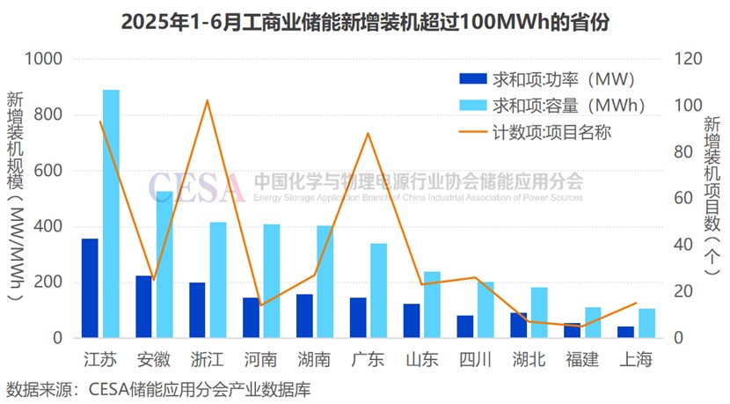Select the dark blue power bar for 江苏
point(90,288)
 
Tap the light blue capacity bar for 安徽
point(164,264)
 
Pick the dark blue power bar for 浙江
point(197,310)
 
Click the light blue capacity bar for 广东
point(378,290)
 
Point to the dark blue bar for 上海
point(625,332)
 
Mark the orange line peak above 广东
point(368,133)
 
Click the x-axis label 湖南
point(314,360)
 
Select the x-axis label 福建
point(581,360)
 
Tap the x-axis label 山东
point(421,360)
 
